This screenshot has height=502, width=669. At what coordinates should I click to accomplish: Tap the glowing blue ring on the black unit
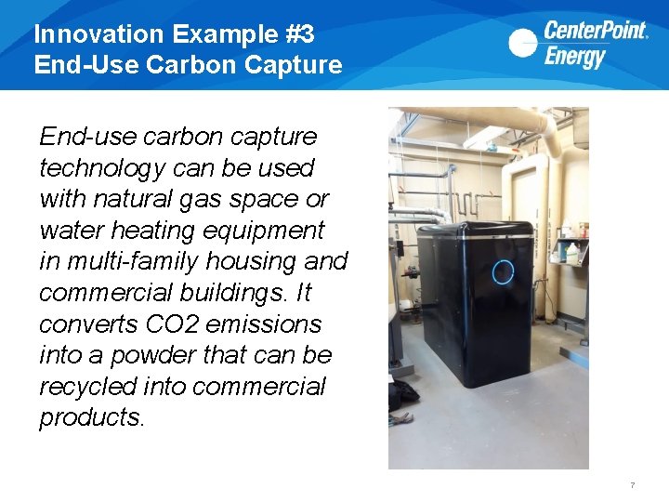click(x=502, y=271)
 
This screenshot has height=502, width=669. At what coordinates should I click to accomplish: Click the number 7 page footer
click(x=632, y=485)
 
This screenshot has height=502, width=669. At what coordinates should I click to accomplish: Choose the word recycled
click(x=90, y=387)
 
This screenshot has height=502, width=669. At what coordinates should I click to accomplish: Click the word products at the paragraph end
click(x=92, y=418)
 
